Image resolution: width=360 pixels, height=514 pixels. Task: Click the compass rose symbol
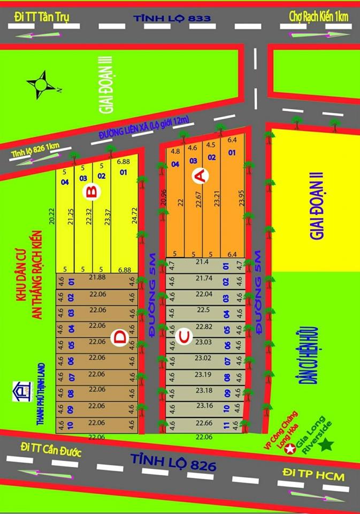click(x=39, y=86)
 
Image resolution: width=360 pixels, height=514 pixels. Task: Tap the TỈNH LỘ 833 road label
click(x=172, y=18)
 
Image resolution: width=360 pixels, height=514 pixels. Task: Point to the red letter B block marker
click(x=91, y=193)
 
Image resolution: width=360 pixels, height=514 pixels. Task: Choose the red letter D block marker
click(x=120, y=337)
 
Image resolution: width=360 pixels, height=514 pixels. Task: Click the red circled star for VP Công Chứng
click(x=290, y=449)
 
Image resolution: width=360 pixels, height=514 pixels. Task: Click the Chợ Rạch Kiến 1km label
click(x=318, y=17)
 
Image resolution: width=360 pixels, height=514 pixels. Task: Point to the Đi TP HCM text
click(x=313, y=475)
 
